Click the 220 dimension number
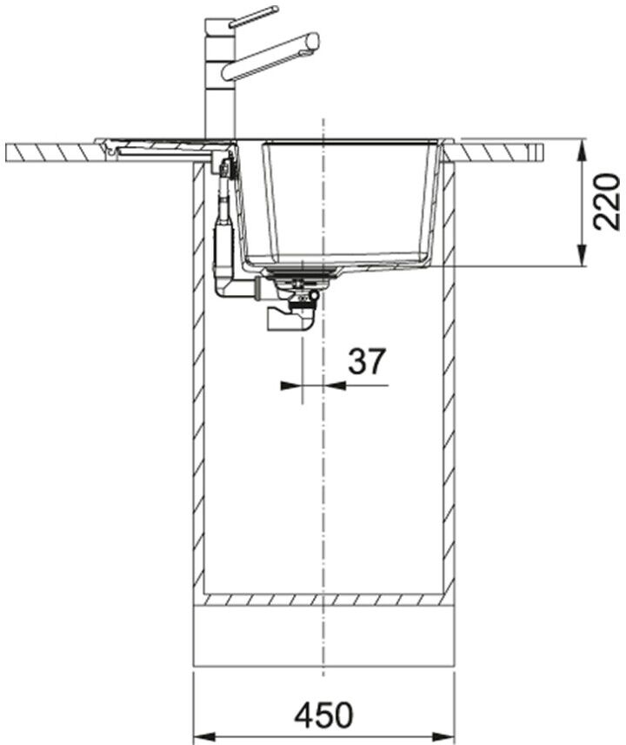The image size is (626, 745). [607, 202]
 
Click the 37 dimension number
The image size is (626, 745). [367, 361]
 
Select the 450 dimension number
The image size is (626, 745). [323, 715]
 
